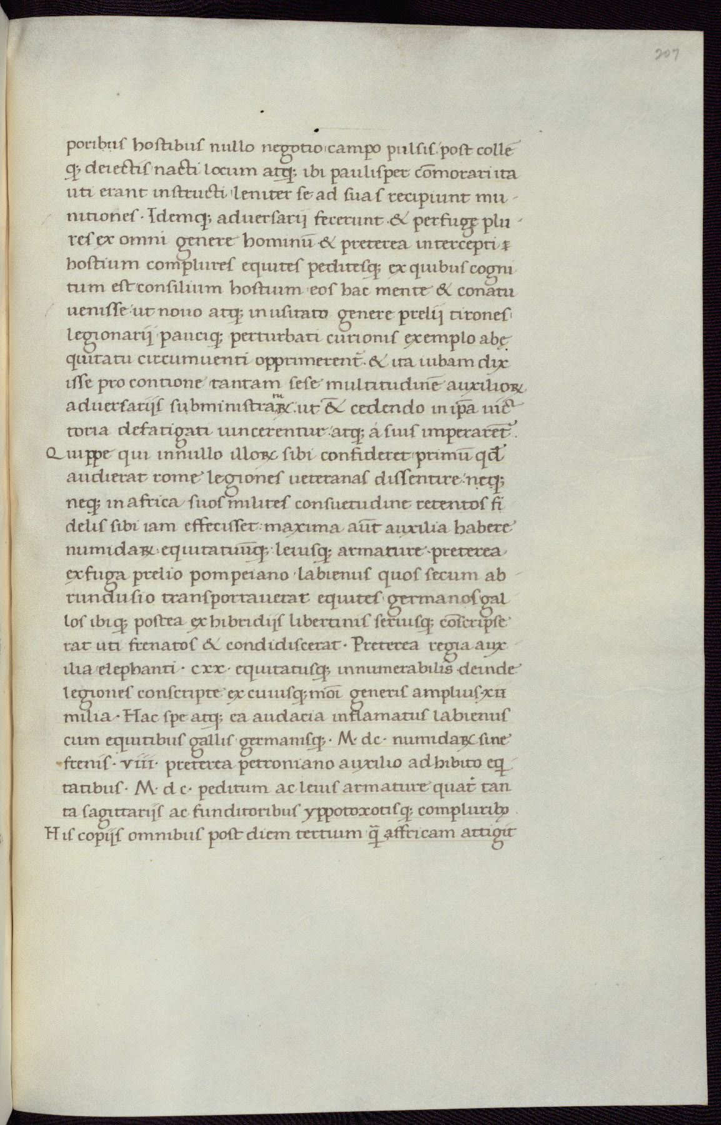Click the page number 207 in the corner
(x=667, y=54)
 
